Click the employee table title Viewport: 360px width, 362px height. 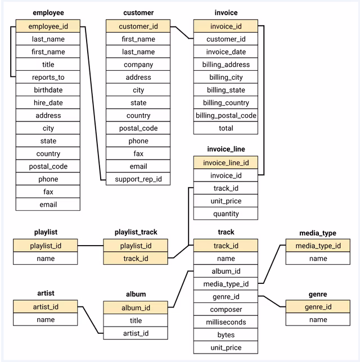click(x=48, y=12)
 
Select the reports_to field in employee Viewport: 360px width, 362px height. click(x=48, y=77)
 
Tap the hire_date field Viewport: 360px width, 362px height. click(x=48, y=103)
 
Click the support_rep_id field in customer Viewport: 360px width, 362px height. click(x=138, y=179)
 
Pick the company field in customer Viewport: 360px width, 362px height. click(x=138, y=65)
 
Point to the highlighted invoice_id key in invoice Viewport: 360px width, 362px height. click(x=226, y=26)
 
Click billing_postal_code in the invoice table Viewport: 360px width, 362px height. click(x=226, y=116)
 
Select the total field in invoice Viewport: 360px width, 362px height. click(x=226, y=128)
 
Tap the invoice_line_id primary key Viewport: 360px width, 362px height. click(x=226, y=162)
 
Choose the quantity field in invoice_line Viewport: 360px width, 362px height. click(x=226, y=214)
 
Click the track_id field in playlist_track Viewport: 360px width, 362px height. click(x=136, y=259)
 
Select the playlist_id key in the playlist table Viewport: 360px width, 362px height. click(x=46, y=246)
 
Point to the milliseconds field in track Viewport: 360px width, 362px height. click(x=226, y=322)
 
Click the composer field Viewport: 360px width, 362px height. click(x=226, y=309)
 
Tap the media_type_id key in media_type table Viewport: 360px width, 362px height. click(x=318, y=246)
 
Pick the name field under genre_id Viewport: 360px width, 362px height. click(x=318, y=319)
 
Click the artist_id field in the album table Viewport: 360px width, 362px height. click(x=136, y=333)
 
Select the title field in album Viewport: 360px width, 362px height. click(x=136, y=320)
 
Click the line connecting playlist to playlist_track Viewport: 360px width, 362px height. click(x=91, y=246)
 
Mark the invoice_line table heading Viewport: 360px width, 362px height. click(x=226, y=149)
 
